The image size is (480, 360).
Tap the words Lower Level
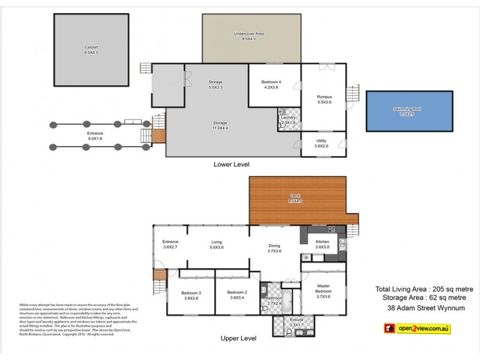(232, 164)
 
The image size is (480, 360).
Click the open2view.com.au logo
(416, 328)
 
